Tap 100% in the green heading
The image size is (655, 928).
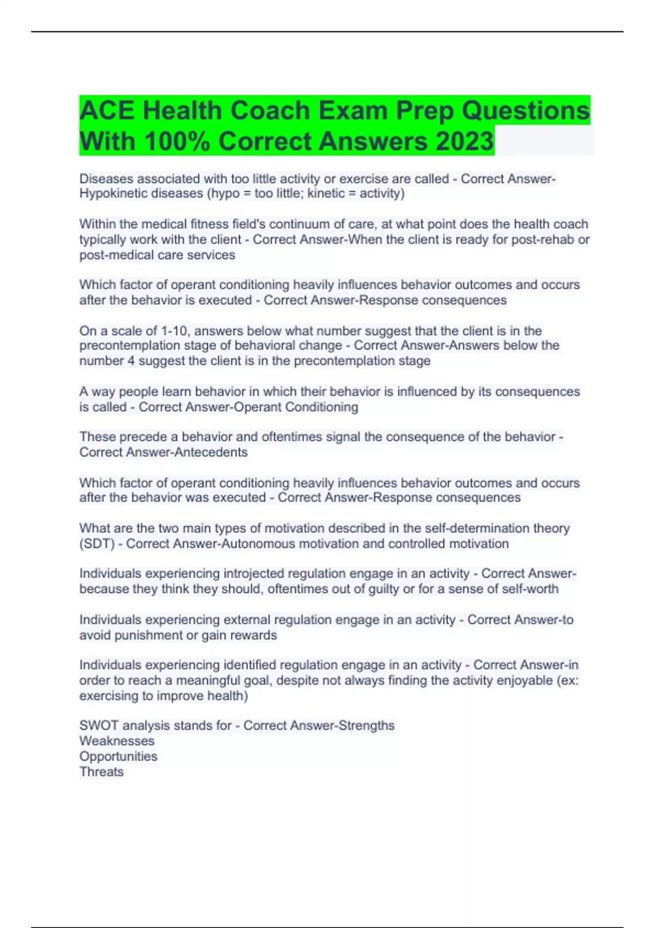click(x=177, y=141)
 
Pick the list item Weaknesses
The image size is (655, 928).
click(x=117, y=741)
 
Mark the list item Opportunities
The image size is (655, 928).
click(x=118, y=757)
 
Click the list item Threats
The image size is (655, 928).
click(x=102, y=772)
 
